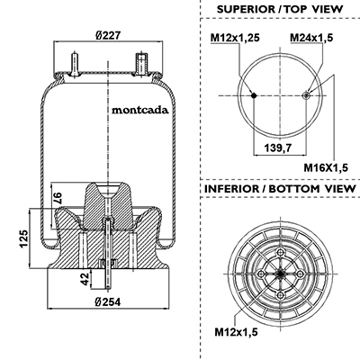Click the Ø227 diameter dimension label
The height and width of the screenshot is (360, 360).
(108, 35)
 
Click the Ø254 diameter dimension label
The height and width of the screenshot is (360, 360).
(108, 301)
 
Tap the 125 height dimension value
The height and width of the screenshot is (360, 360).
(23, 238)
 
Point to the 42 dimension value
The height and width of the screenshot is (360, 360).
(85, 279)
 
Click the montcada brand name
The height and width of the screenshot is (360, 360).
(140, 110)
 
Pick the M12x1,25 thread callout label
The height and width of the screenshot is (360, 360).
(235, 38)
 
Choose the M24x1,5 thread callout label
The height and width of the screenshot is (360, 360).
(311, 38)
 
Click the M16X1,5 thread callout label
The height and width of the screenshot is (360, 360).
(326, 167)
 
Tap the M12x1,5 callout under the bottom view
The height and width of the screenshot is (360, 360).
(236, 332)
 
